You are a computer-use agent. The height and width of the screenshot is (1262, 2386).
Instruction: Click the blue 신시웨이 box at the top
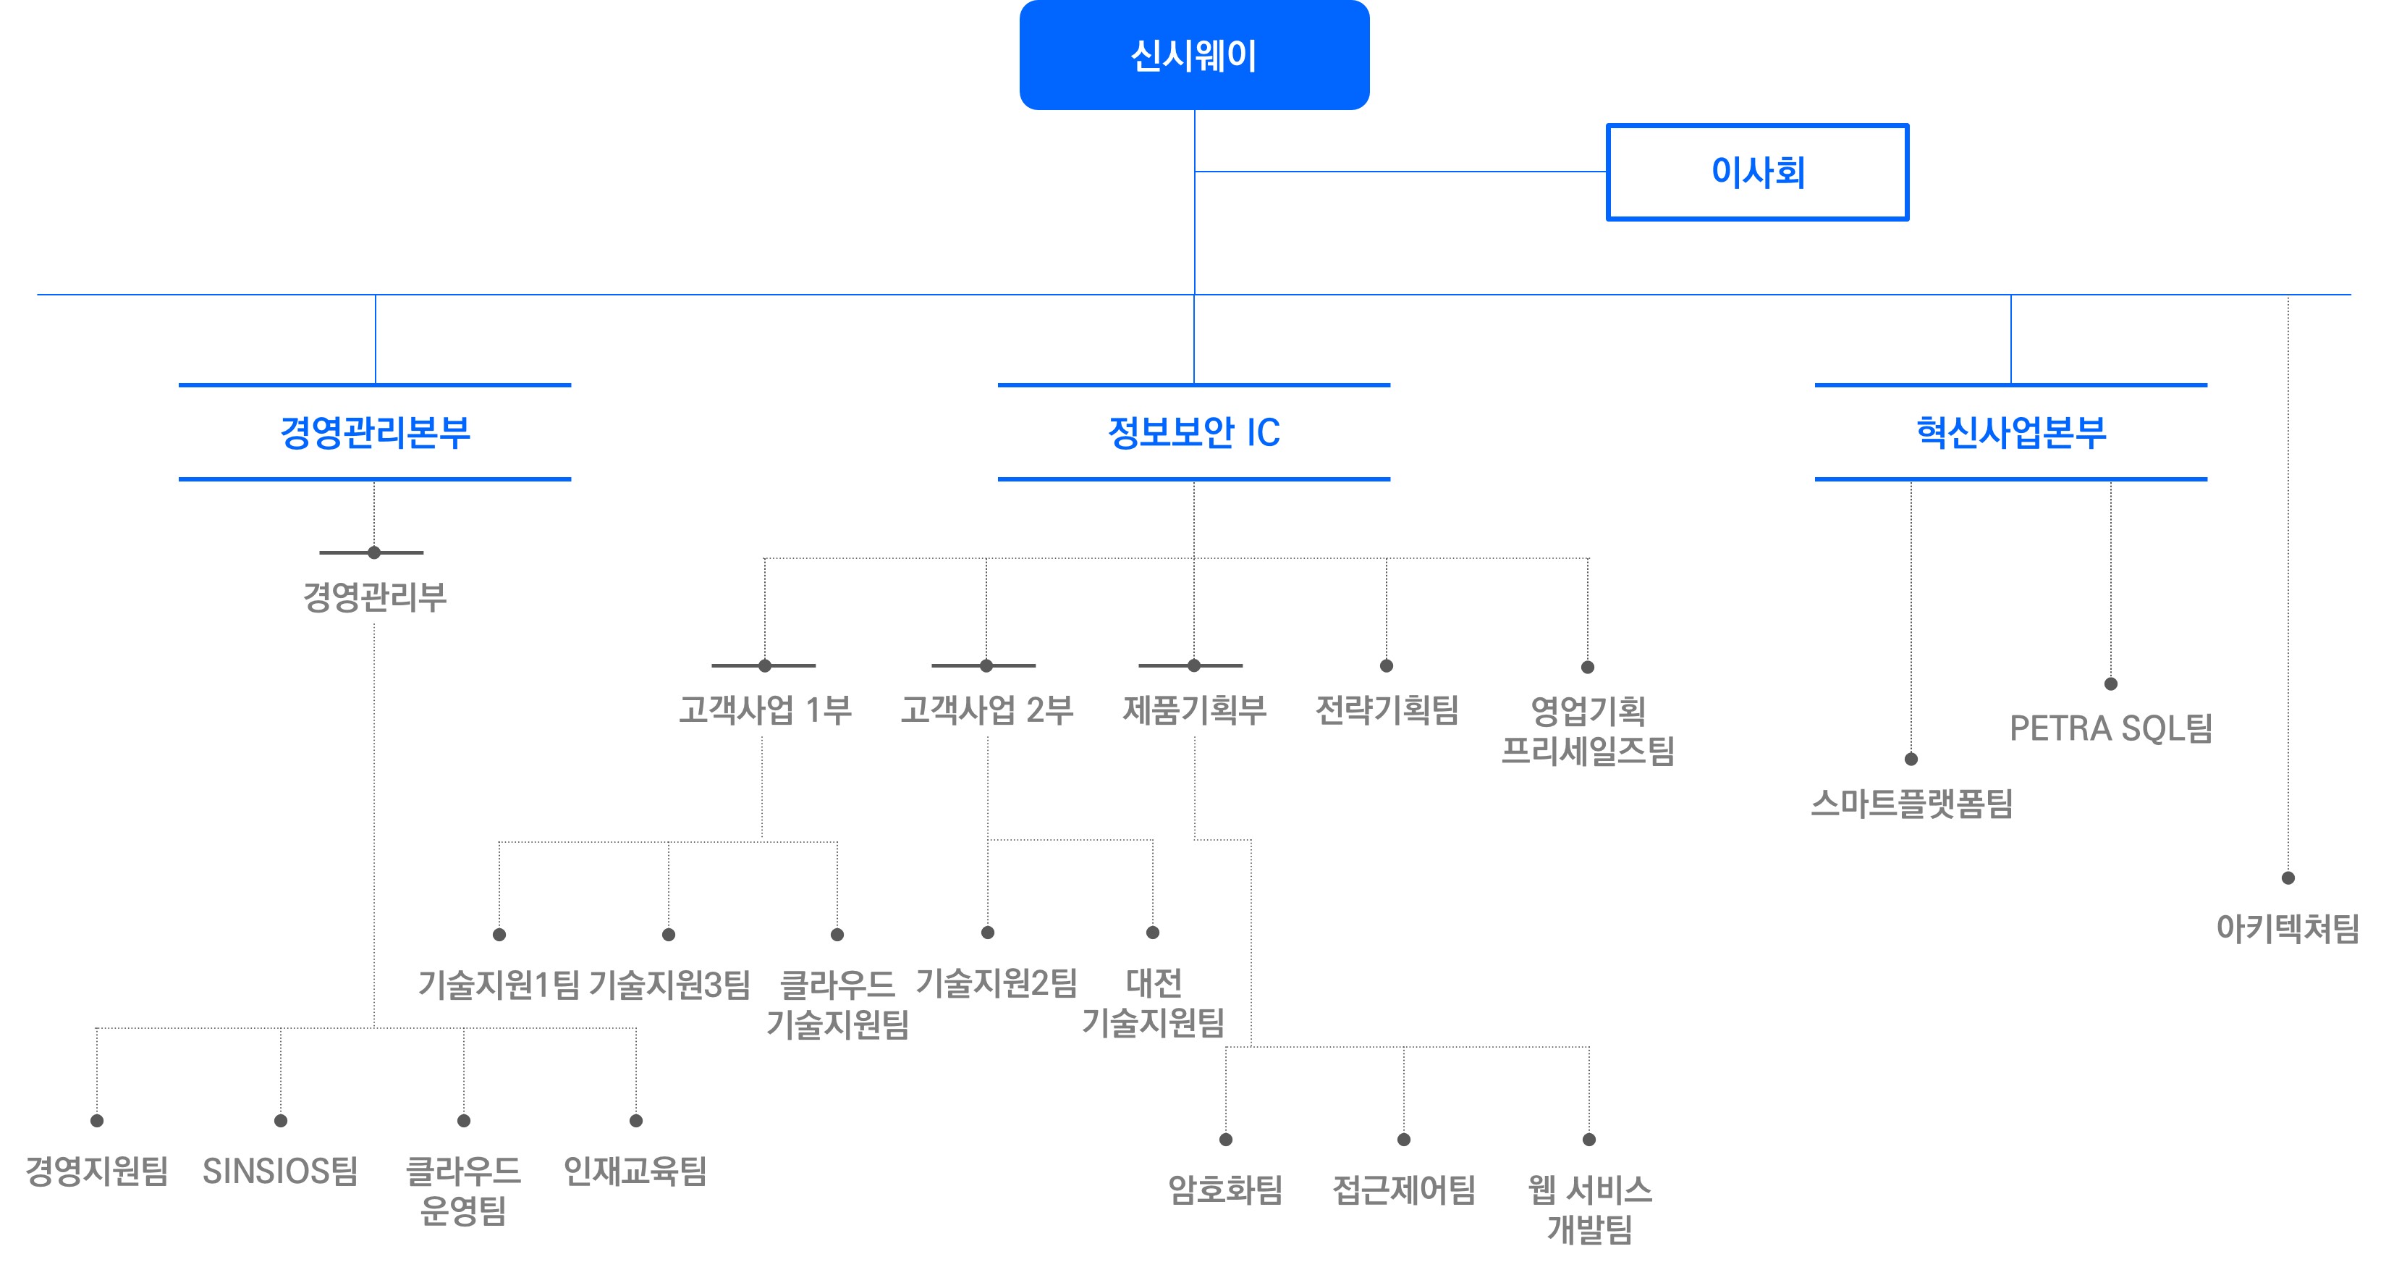click(x=1194, y=56)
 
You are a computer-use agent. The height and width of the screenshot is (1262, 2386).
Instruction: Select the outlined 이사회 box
click(x=1757, y=172)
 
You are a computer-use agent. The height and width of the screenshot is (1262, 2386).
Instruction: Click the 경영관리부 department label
click(x=375, y=597)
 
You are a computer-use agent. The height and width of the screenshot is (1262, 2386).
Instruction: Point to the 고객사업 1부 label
click(x=765, y=711)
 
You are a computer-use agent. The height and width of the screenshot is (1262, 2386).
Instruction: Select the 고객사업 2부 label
click(x=986, y=711)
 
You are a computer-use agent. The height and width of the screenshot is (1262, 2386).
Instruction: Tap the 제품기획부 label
click(x=1194, y=711)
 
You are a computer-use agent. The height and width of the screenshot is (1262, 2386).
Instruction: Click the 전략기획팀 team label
click(x=1387, y=711)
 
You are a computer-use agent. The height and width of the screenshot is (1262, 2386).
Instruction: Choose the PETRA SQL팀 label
click(x=2111, y=728)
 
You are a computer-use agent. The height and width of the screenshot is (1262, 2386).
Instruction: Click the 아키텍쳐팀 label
click(x=2287, y=928)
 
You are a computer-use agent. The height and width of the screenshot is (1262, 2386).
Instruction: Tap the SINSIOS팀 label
click(x=281, y=1171)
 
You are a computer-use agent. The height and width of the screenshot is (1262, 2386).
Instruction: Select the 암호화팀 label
click(x=1225, y=1190)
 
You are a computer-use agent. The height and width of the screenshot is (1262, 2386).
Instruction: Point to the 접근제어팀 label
click(x=1404, y=1190)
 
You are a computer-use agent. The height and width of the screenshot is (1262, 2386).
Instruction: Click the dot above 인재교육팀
click(x=636, y=1121)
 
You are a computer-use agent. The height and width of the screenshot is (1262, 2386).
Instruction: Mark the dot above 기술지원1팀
click(x=499, y=935)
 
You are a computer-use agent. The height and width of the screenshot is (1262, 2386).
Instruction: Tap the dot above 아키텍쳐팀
click(x=2288, y=878)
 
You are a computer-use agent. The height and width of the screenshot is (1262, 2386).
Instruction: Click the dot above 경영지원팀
click(x=96, y=1121)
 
